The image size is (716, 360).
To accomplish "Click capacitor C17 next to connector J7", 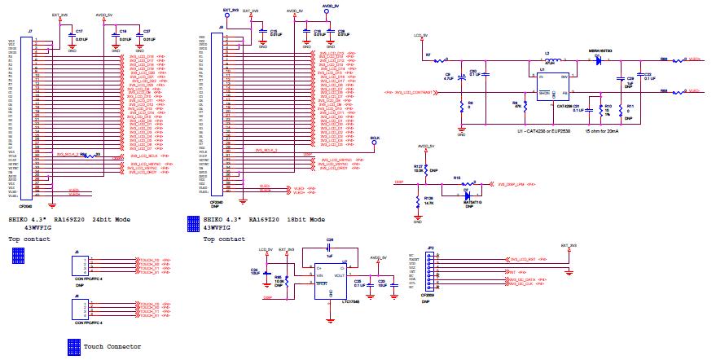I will tap(71, 33).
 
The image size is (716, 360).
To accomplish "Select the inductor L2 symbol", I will tap(552, 62).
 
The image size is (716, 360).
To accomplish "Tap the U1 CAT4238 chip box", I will tap(551, 86).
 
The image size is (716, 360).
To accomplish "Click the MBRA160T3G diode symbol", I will tap(600, 60).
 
